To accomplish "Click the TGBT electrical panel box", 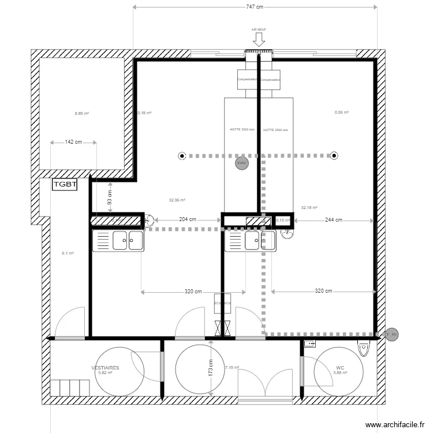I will (65, 185).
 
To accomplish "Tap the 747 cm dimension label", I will (255, 7).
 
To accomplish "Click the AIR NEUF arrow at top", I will (259, 39).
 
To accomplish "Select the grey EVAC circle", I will (241, 164).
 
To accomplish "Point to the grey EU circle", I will (394, 334).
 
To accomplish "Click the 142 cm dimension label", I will (73, 142).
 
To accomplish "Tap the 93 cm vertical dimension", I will (110, 197).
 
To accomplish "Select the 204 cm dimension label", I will (184, 219).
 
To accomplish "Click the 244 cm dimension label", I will (334, 219).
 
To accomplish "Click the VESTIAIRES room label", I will (105, 367).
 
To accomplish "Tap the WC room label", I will (340, 367).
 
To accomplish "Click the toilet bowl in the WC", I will (363, 349).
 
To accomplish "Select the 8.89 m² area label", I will (82, 113).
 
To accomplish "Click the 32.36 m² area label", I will (177, 200).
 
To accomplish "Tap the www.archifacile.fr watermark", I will (399, 424).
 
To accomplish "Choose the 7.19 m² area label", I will (232, 367).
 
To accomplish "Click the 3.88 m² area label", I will (340, 373).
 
